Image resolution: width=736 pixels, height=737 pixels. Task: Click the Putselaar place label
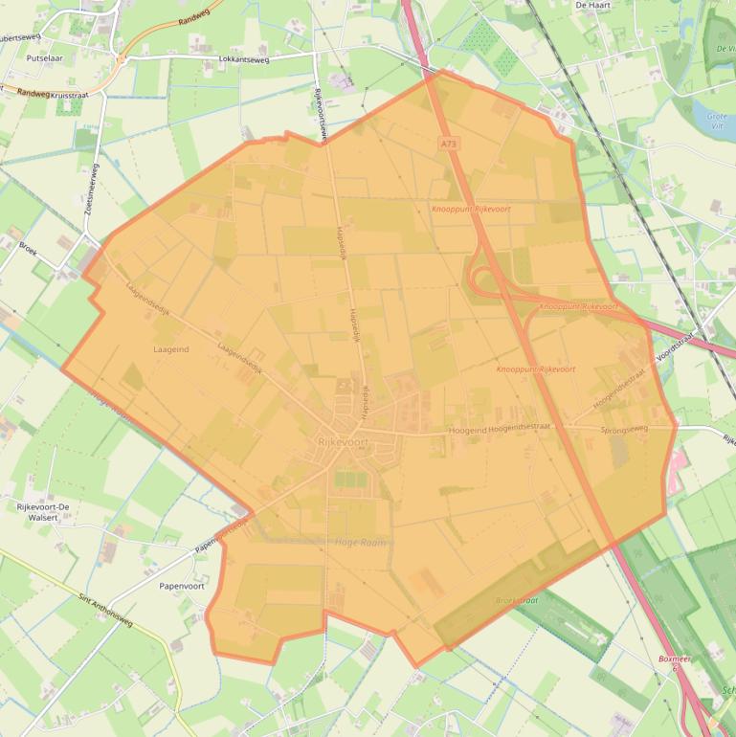coord(44,57)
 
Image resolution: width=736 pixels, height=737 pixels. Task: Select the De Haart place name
coord(593,5)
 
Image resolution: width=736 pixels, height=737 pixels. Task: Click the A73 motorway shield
coord(449,144)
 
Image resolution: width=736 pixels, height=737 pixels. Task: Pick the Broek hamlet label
coord(28,246)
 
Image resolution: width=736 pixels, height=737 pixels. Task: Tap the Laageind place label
coord(171,349)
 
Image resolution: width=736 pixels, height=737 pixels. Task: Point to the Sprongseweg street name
coord(624,429)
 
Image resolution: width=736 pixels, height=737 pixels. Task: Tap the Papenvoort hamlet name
coord(181,586)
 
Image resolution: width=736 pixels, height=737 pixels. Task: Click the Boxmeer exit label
coord(674,659)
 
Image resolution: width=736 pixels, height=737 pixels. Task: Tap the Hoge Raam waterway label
coord(360,543)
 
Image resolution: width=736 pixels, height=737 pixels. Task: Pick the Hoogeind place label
coord(467,431)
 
